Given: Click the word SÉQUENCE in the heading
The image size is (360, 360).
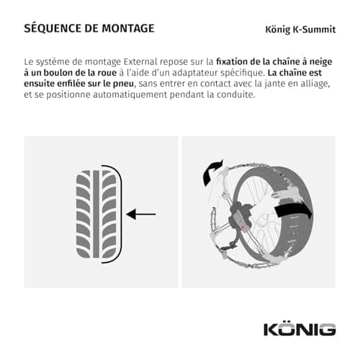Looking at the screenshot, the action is (53, 28).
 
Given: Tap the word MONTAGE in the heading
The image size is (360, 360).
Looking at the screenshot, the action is (128, 28).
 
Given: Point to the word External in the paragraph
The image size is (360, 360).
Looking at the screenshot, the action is (140, 61).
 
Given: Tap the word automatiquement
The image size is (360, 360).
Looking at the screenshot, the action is (130, 95).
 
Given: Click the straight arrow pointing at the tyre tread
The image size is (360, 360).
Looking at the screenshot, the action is (141, 214).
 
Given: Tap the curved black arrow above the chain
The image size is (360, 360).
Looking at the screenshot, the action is (212, 172).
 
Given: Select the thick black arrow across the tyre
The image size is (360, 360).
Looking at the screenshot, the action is (294, 211).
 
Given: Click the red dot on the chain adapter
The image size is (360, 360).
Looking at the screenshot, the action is (243, 227).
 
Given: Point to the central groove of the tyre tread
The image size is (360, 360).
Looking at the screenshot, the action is (96, 214).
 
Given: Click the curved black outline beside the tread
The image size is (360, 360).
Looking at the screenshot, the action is (120, 214).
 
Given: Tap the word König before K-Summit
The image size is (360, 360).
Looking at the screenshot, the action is (277, 30).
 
